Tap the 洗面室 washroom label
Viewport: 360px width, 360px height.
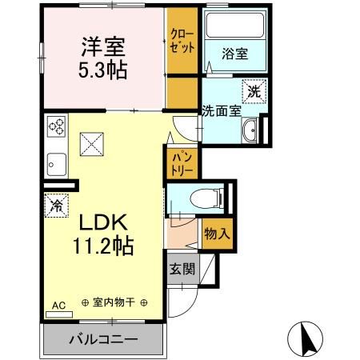[x=221, y=111]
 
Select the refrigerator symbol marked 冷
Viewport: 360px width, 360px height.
[x=57, y=206]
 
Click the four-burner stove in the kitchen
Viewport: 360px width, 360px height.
[x=58, y=126]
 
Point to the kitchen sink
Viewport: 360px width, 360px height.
[x=56, y=165]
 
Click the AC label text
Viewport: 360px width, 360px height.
[x=58, y=304]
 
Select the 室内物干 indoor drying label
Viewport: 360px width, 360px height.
[x=114, y=303]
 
